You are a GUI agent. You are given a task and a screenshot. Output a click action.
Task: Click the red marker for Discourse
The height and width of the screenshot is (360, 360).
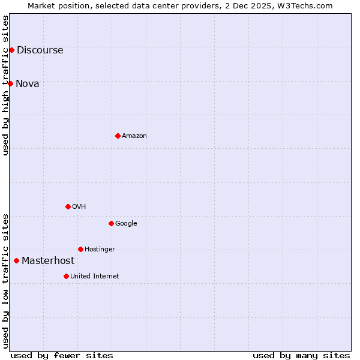pyautogui.click(x=11, y=50)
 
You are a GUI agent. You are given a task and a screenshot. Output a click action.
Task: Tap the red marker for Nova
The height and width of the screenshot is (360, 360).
pyautogui.click(x=10, y=83)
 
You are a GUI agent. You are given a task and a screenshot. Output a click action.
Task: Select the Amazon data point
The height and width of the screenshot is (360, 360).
pyautogui.click(x=118, y=136)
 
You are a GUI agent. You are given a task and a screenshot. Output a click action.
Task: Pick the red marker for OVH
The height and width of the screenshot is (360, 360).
pyautogui.click(x=68, y=206)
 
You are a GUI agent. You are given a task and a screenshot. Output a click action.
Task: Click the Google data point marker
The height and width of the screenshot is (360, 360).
pyautogui.click(x=111, y=223)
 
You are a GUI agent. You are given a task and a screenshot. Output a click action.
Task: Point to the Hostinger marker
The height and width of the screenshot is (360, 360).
pyautogui.click(x=80, y=249)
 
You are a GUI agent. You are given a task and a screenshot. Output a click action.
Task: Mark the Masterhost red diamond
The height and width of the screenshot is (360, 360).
pyautogui.click(x=16, y=260)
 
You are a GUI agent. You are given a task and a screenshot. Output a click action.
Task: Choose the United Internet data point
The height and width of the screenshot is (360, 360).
pyautogui.click(x=66, y=276)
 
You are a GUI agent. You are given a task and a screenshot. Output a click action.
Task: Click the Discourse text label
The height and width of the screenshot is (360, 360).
pyautogui.click(x=40, y=50)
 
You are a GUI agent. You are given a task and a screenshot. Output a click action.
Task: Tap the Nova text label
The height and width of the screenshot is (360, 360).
pyautogui.click(x=28, y=84)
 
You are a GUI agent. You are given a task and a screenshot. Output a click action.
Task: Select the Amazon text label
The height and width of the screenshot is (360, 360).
pyautogui.click(x=134, y=136)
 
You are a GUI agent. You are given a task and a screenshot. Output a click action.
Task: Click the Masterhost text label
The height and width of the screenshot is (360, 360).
pyautogui.click(x=48, y=261)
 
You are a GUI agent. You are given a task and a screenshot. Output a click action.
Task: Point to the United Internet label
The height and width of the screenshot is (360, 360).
pyautogui.click(x=95, y=277)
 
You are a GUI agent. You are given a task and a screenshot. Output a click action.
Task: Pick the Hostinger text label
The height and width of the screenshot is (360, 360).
pyautogui.click(x=100, y=250)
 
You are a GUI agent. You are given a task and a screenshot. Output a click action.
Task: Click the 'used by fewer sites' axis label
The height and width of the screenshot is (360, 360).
pyautogui.click(x=62, y=356)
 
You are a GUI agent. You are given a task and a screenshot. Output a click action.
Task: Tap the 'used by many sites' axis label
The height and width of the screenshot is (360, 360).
pyautogui.click(x=301, y=356)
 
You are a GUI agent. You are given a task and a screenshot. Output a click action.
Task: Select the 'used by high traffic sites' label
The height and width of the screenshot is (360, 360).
pyautogui.click(x=5, y=85)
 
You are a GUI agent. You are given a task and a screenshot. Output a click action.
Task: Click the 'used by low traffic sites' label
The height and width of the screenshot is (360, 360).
pyautogui.click(x=5, y=280)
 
